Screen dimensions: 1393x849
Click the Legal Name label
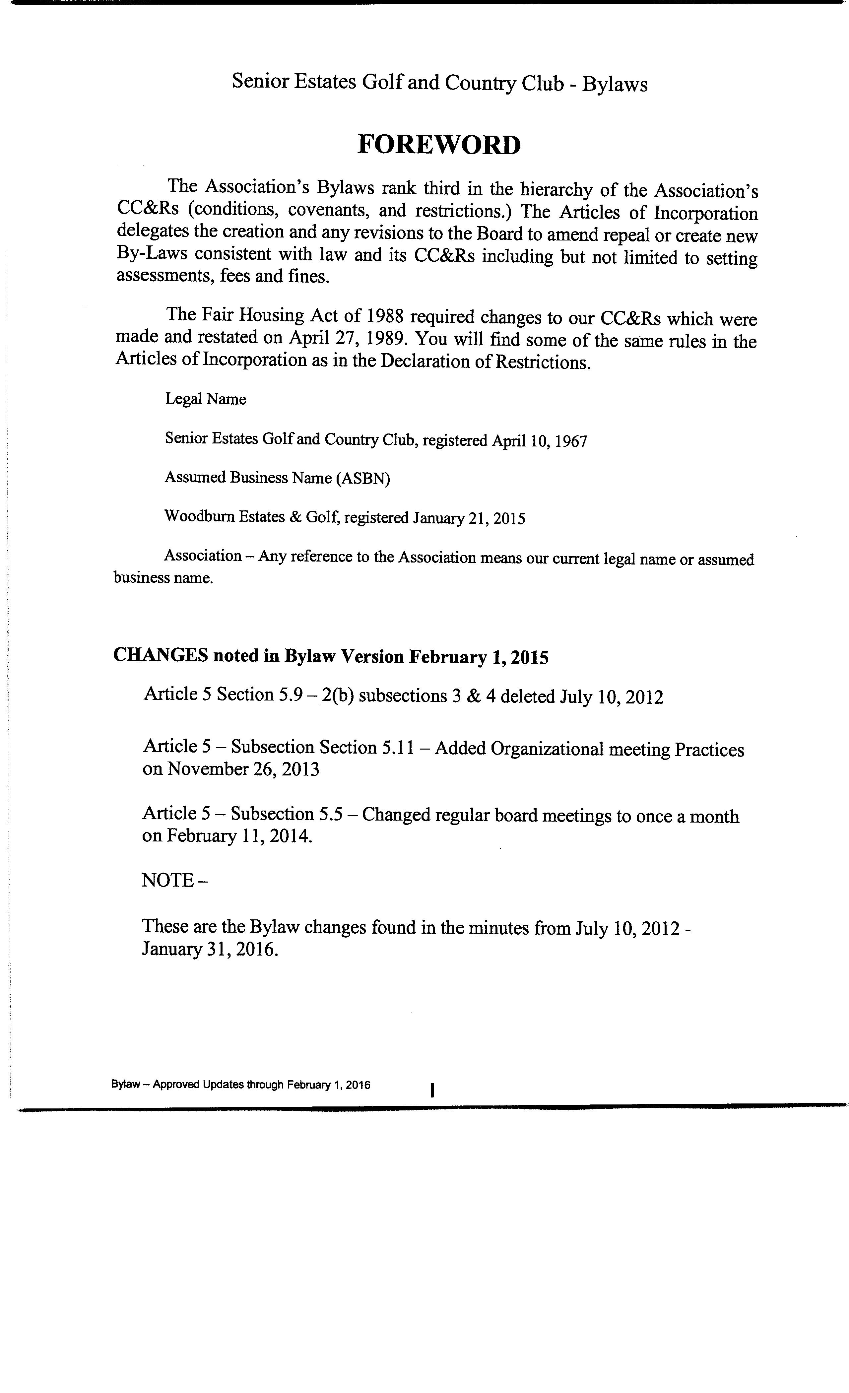(205, 399)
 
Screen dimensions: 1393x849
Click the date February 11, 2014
(238, 835)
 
